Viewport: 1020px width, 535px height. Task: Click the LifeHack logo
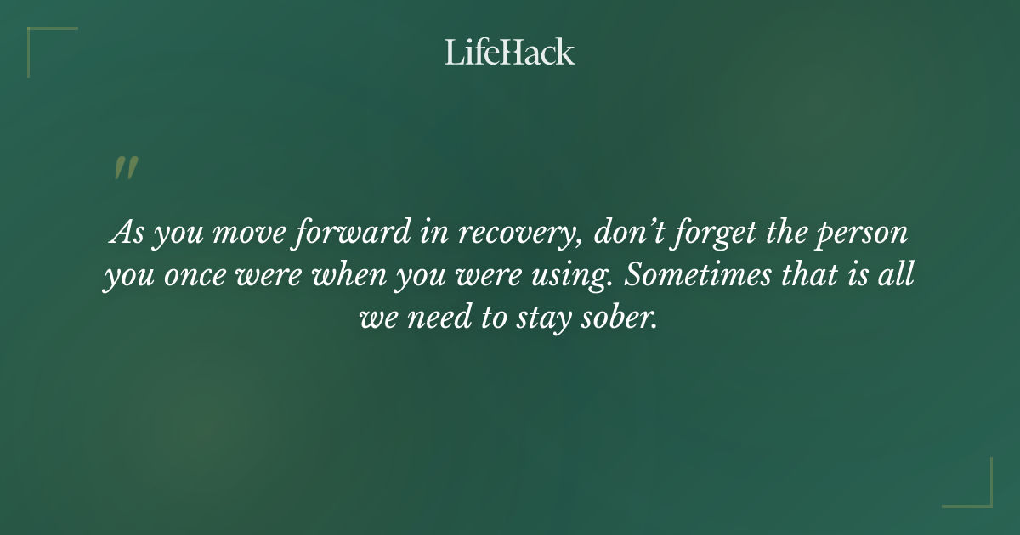pyautogui.click(x=510, y=52)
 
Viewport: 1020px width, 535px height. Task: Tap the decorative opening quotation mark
pyautogui.click(x=125, y=168)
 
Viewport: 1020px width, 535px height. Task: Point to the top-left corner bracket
pyautogui.click(x=42, y=42)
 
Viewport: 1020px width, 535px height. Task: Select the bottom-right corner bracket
pyautogui.click(x=977, y=493)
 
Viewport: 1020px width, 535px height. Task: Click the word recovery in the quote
pyautogui.click(x=514, y=234)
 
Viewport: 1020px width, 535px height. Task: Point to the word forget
pyautogui.click(x=712, y=234)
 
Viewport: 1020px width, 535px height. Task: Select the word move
pyautogui.click(x=241, y=234)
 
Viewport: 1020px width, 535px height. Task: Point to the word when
pyautogui.click(x=352, y=276)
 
